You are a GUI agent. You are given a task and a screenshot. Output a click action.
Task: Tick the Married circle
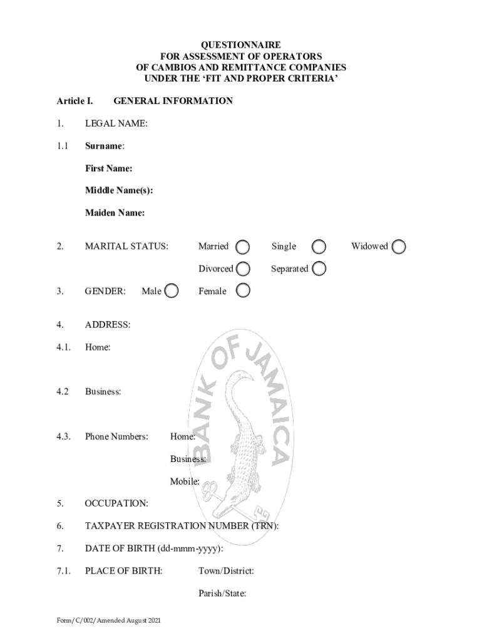243,246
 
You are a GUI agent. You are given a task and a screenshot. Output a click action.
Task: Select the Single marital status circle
319,246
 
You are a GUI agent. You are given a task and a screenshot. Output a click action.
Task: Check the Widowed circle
399,246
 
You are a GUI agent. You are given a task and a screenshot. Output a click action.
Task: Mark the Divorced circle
243,269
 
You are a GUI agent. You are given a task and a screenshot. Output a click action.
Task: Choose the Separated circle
319,269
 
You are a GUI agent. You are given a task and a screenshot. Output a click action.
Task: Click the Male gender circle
171,291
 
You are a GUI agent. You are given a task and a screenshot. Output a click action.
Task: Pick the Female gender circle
243,291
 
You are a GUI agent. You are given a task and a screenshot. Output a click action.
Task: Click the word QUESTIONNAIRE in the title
241,45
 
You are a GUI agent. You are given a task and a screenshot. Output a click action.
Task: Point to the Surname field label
105,146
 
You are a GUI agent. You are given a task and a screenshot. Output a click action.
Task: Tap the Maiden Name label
115,213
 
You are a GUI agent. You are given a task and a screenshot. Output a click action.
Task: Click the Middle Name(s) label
119,191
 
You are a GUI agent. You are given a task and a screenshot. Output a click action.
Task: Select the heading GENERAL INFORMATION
173,101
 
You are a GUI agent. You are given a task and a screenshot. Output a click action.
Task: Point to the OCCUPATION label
116,503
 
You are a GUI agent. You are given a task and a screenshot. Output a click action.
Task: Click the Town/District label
226,571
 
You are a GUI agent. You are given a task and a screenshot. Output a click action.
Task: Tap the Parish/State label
222,594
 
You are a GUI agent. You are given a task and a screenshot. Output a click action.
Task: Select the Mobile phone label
185,481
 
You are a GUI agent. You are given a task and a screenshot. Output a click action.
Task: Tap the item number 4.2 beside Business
62,392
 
